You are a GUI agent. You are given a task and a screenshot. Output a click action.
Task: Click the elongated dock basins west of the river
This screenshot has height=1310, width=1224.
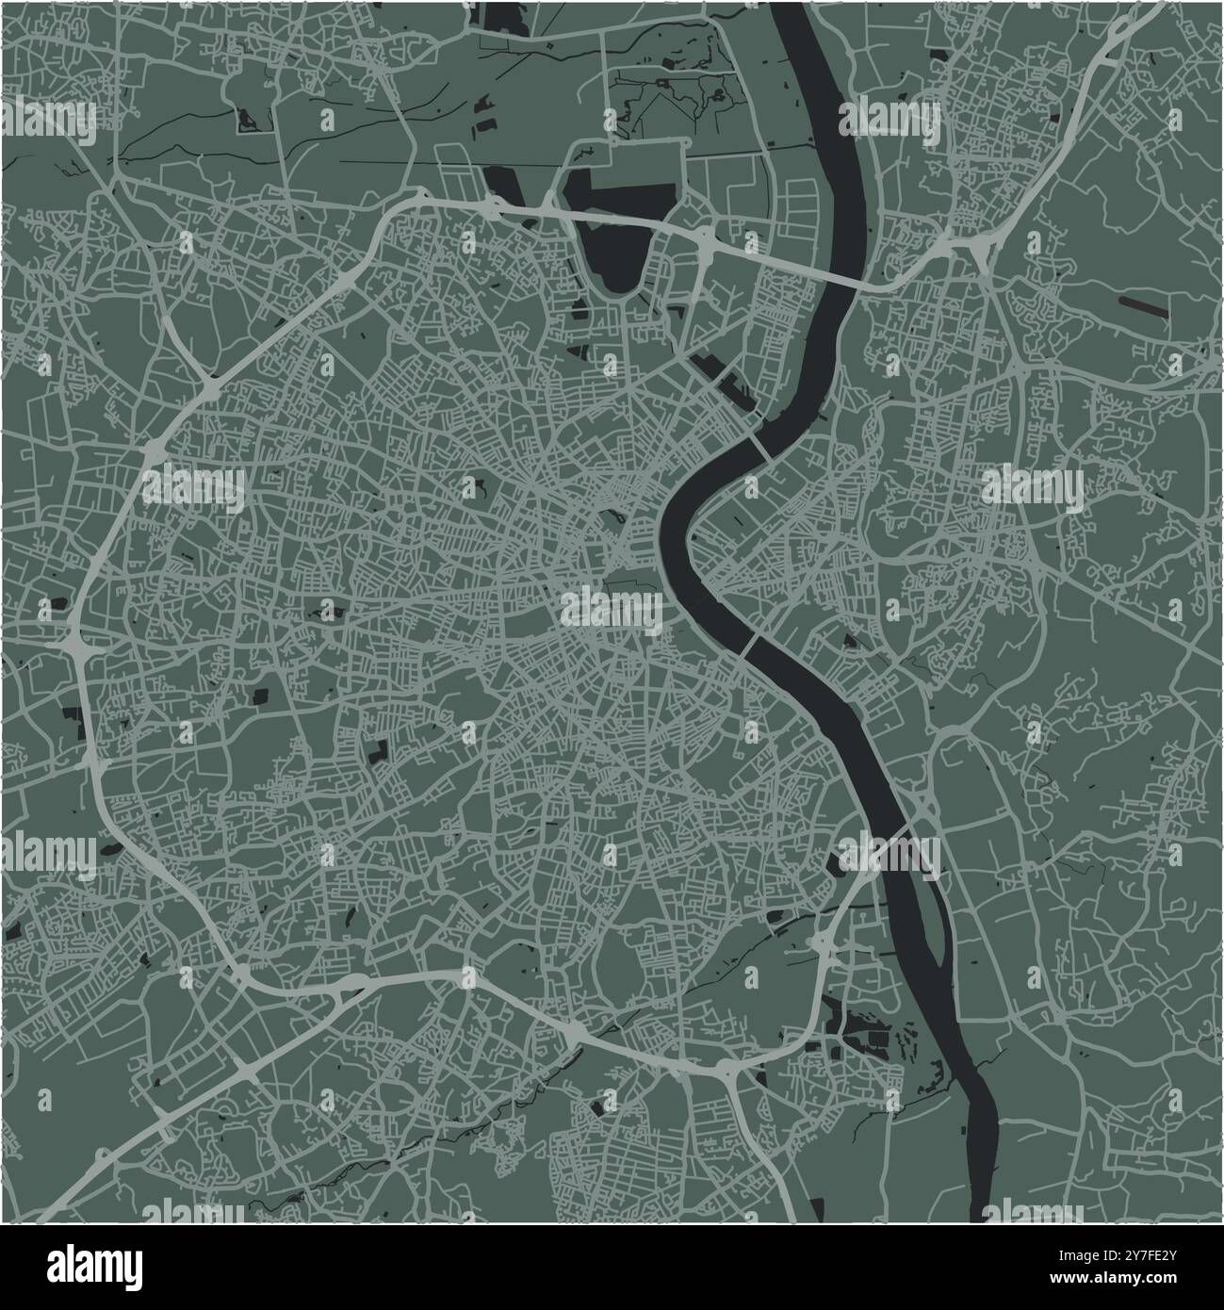click(726, 383)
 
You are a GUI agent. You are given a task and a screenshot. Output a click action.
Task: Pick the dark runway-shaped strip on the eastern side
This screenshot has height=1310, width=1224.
click(1140, 304)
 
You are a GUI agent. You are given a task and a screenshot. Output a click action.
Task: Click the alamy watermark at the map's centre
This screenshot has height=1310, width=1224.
click(612, 608)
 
